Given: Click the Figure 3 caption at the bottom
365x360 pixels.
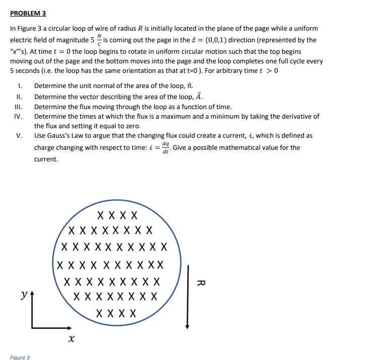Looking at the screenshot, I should [x=20, y=357].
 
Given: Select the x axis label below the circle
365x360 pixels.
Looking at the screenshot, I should [x=71, y=340].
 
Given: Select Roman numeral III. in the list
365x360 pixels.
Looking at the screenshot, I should [x=19, y=107].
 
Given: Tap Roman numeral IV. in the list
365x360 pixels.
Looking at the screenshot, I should [x=19, y=116].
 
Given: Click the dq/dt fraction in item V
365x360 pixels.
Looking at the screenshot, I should [x=165, y=147].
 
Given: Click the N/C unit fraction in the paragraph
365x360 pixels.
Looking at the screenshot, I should [x=99, y=40].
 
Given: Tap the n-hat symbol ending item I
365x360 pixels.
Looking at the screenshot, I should [x=189, y=86].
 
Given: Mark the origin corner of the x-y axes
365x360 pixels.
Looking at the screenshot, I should [x=33, y=327].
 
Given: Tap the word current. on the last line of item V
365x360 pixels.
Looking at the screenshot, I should [x=46, y=159].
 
